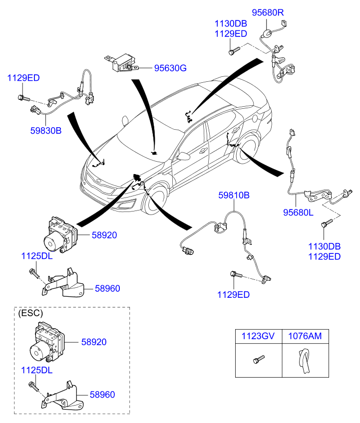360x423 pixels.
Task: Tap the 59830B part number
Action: click(45, 131)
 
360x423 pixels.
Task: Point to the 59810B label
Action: click(233, 196)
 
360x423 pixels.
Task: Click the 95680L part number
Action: click(298, 212)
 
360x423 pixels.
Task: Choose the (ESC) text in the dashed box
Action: click(30, 313)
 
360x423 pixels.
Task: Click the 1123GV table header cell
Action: click(258, 336)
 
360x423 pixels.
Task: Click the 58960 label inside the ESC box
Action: click(102, 395)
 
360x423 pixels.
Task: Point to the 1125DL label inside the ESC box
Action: click(36, 371)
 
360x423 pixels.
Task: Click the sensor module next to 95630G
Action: click(122, 61)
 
